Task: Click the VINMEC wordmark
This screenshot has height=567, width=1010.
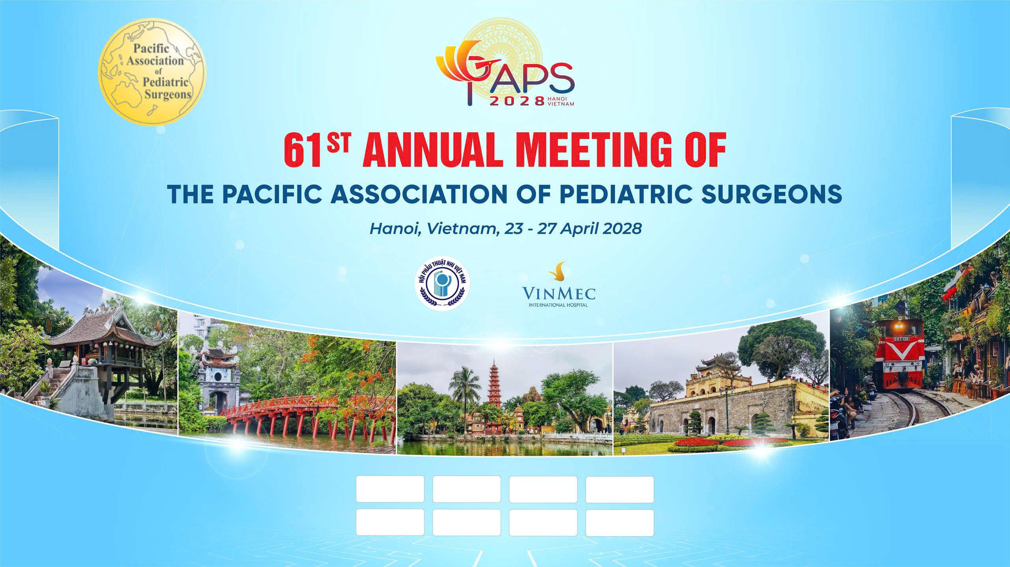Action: pos(559,294)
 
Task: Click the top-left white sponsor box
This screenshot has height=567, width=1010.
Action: pos(390,489)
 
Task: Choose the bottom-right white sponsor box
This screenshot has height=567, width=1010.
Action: pos(619,523)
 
